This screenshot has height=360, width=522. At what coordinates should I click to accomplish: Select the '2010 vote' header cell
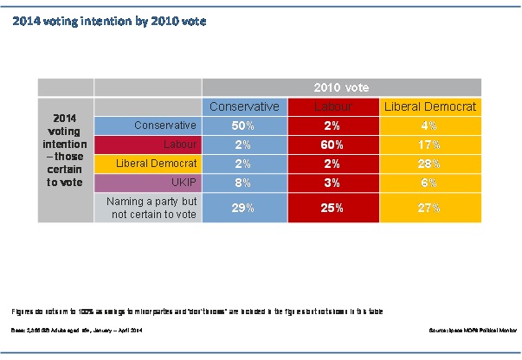[341, 87]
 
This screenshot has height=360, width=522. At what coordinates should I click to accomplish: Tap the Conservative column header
[244, 106]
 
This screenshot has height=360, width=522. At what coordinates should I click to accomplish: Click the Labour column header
[333, 106]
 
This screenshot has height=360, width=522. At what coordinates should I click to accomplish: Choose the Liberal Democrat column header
[430, 106]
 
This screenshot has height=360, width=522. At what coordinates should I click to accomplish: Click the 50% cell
[244, 125]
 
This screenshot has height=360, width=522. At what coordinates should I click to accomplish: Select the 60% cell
[333, 144]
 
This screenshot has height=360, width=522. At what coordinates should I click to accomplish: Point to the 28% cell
[430, 163]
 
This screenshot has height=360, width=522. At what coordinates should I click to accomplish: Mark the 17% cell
[430, 144]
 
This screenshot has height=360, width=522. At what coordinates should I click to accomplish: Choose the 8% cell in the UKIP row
[244, 181]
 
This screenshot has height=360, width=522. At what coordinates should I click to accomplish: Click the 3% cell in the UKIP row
[333, 181]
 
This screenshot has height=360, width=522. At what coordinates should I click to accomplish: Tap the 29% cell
[244, 208]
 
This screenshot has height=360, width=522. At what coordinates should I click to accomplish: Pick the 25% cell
[333, 208]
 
